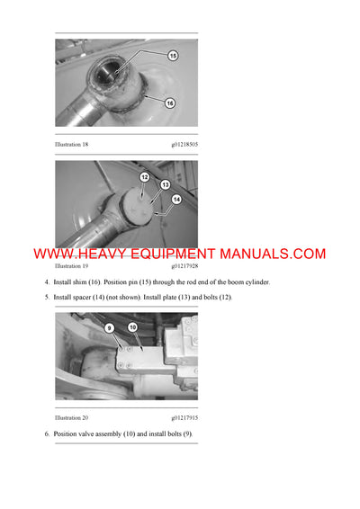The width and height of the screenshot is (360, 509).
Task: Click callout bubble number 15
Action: (172, 56)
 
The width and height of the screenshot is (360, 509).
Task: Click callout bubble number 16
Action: (169, 103)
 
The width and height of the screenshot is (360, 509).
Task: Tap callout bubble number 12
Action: (144, 178)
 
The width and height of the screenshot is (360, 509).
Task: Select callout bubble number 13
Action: (165, 184)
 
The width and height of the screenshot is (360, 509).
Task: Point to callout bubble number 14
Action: (176, 198)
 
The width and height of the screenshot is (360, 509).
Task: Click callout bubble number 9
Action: (110, 327)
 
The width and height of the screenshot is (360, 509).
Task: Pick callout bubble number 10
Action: (132, 327)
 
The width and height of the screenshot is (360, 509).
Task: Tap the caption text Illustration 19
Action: (72, 266)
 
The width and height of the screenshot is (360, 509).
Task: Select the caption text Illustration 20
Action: (72, 417)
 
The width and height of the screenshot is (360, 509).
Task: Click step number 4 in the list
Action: (47, 282)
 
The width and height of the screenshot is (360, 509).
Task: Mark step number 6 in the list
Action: (47, 434)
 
